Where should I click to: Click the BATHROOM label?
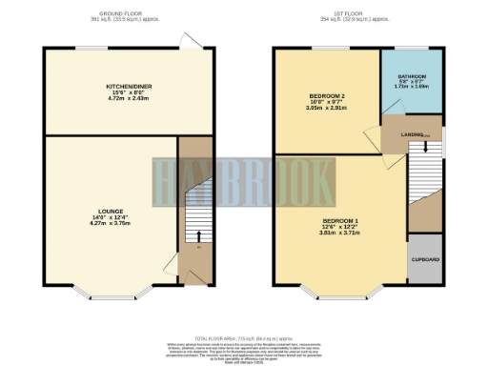tap(412, 75)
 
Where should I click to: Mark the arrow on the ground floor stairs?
tap(193, 237)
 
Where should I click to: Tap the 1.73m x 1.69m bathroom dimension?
tap(412, 87)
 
